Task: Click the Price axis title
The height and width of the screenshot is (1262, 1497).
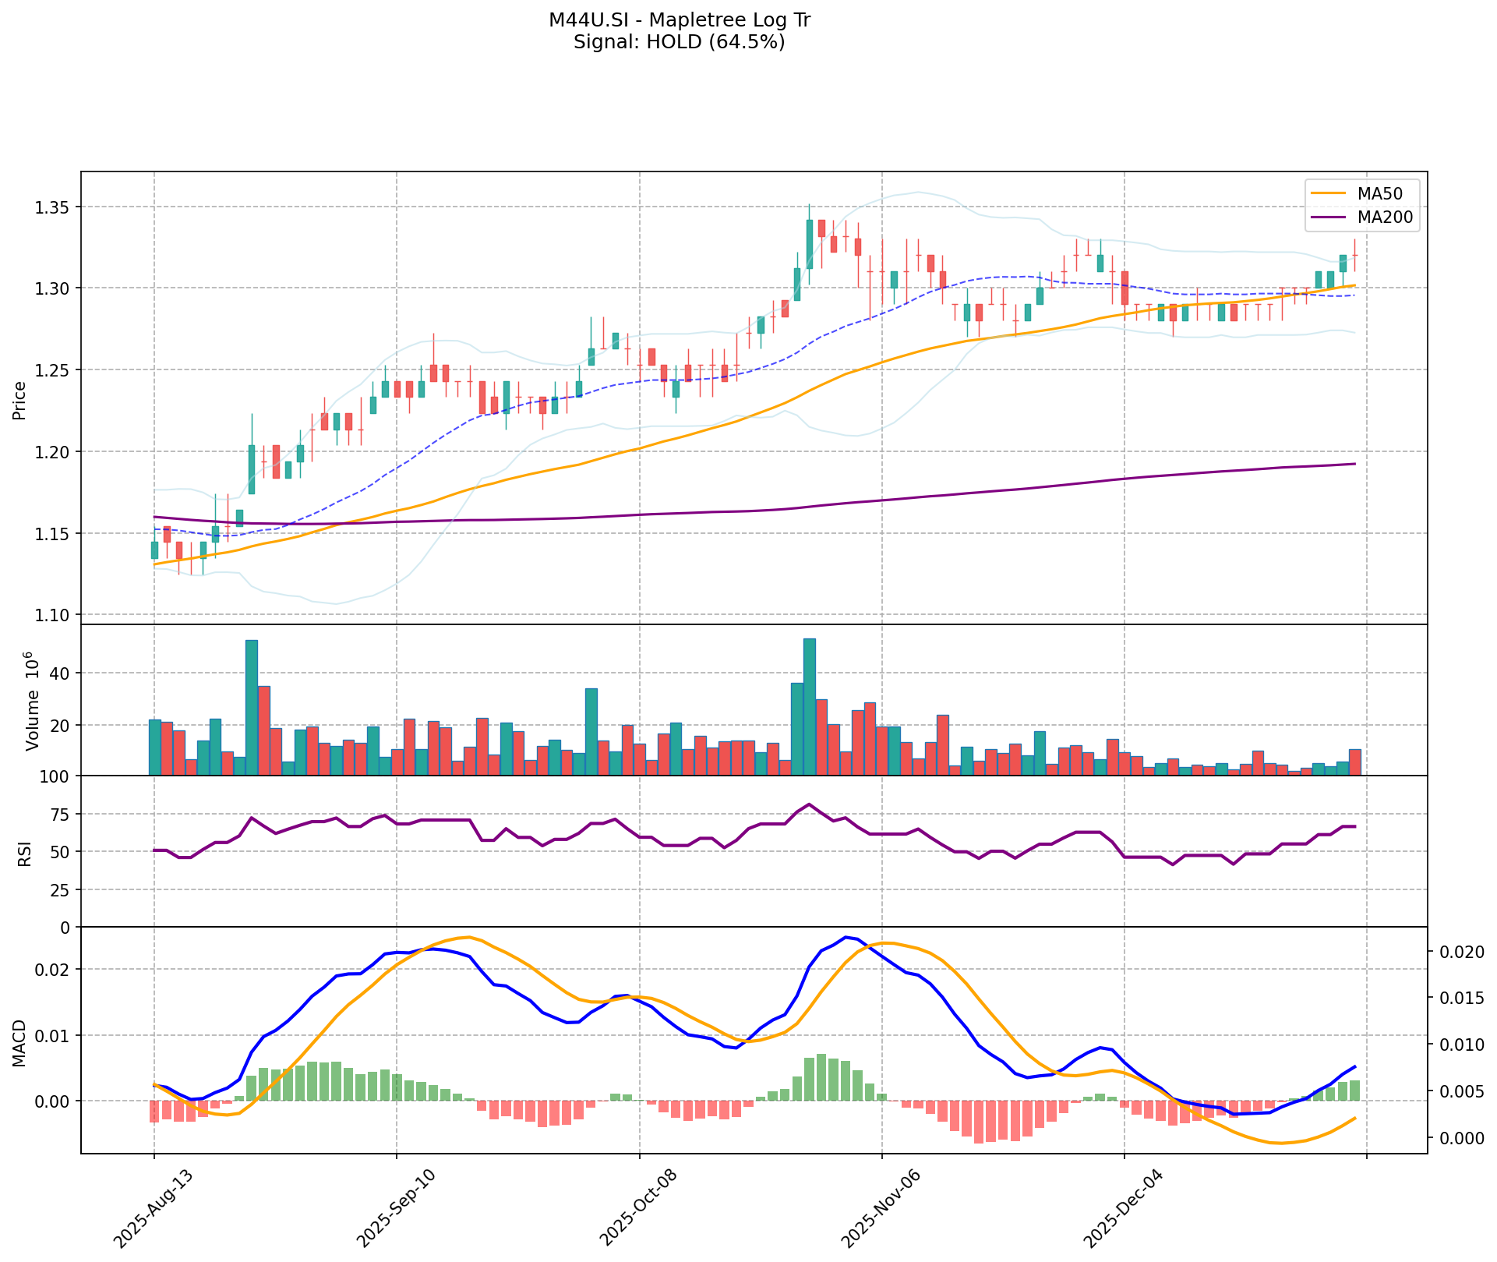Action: click(x=20, y=401)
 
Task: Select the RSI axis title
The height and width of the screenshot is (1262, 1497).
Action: click(x=25, y=854)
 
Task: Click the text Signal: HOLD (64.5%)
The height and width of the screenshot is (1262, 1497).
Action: click(x=679, y=42)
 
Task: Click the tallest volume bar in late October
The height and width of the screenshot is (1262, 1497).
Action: click(x=810, y=706)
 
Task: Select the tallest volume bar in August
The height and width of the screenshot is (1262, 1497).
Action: click(x=252, y=707)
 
